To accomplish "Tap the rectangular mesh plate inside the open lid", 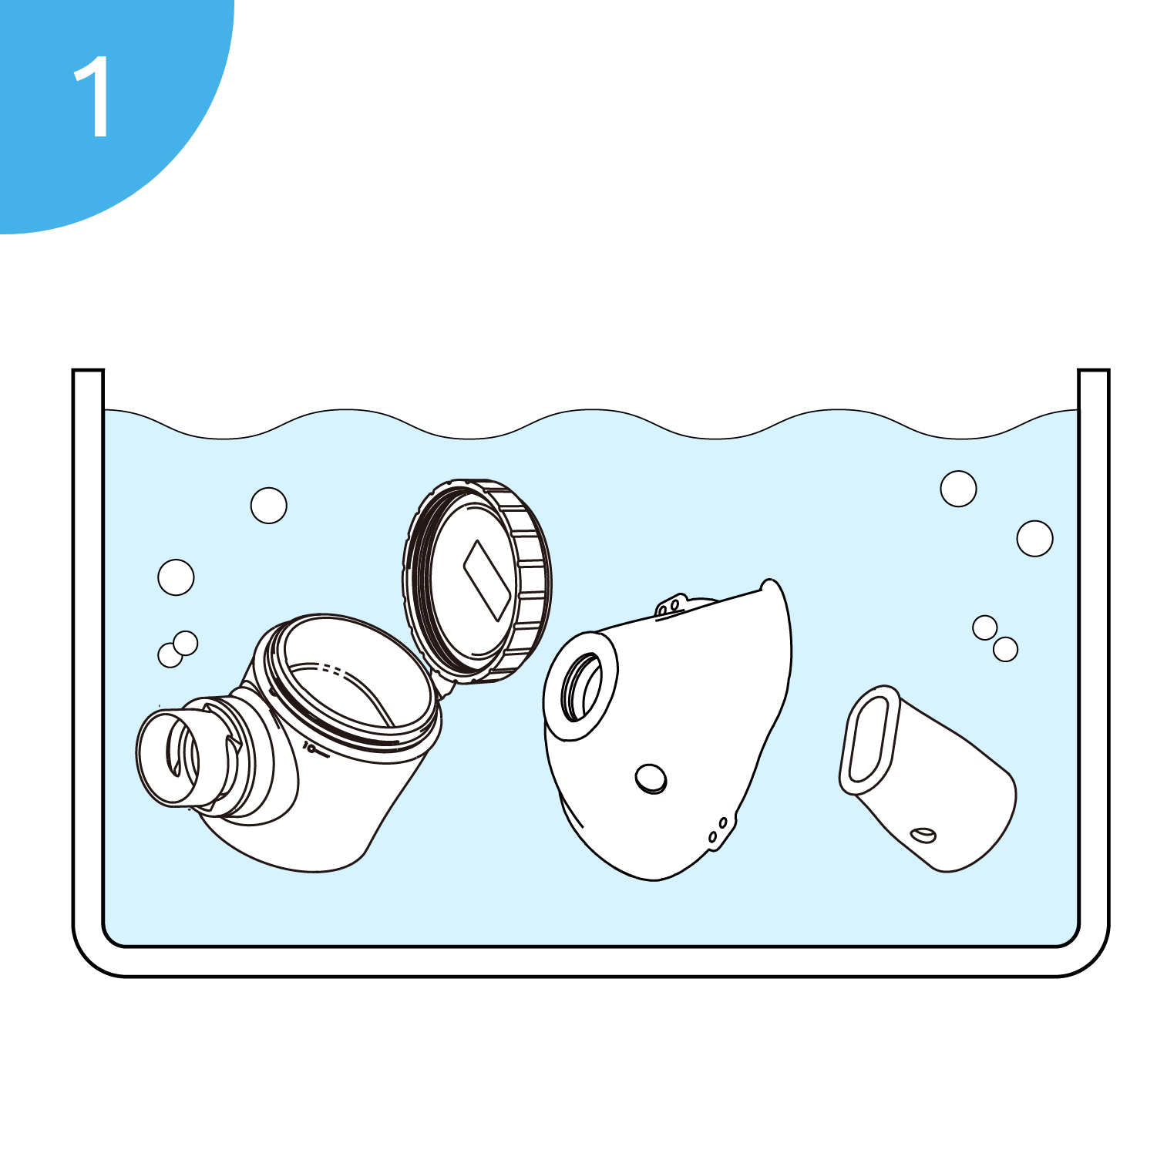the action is click(x=487, y=580).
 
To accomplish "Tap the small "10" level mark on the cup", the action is click(x=310, y=747).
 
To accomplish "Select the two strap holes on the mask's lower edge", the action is click(x=718, y=829).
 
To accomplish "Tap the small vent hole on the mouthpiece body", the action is click(x=923, y=834).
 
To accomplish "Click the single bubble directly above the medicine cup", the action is click(x=269, y=506).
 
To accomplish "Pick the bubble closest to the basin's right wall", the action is click(x=1034, y=538).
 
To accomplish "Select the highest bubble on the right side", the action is click(x=958, y=488).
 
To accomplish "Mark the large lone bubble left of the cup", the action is click(x=176, y=577).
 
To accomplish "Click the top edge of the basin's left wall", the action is click(x=88, y=371).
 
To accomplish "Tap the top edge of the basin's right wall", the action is click(x=1093, y=371).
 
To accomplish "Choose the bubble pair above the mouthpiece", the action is click(x=995, y=638).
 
